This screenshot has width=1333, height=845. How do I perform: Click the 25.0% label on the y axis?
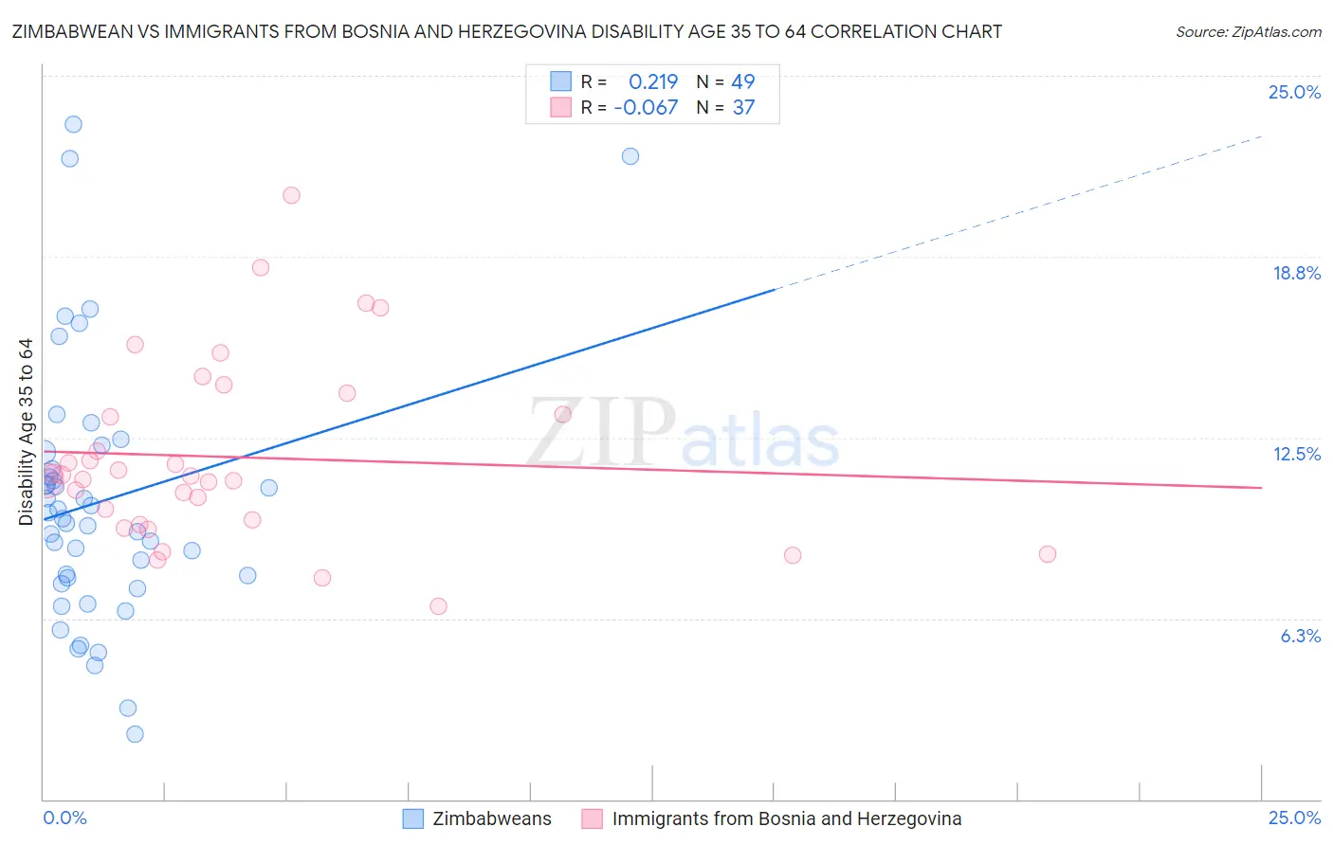coord(1294,93)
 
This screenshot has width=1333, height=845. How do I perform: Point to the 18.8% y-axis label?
coord(1295,274)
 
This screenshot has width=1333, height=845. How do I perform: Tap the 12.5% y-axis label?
coord(1296,455)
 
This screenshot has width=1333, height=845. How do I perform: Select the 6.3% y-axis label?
coord(1300,636)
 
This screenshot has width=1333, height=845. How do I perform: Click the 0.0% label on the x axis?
coord(64,818)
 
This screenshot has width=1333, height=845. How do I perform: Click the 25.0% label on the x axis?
coord(1294,818)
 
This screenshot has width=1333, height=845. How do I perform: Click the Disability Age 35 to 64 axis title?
coord(27,432)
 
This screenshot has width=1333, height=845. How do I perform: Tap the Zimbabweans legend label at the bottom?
coord(491,819)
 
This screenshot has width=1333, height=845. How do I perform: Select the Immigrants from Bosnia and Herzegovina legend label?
coord(786,819)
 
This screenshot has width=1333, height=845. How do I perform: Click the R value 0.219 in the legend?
coord(653,81)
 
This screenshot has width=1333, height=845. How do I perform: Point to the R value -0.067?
coord(646,108)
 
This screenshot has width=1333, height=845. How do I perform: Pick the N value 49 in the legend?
coord(743,81)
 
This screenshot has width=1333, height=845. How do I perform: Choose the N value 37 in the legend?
coord(743,108)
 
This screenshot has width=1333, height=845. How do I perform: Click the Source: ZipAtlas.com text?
coord(1248,32)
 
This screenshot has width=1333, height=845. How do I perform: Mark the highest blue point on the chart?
coord(73,124)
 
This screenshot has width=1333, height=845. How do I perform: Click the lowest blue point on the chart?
coord(135,734)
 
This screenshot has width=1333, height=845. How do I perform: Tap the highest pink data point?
coord(291,195)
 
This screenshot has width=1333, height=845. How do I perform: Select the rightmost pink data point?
coord(1048,554)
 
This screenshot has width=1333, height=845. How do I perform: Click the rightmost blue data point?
coord(630,156)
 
